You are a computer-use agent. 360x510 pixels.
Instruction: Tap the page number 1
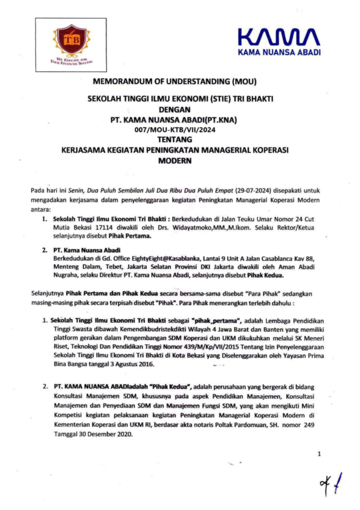319,453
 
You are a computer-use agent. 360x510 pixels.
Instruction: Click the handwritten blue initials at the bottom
330,483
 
